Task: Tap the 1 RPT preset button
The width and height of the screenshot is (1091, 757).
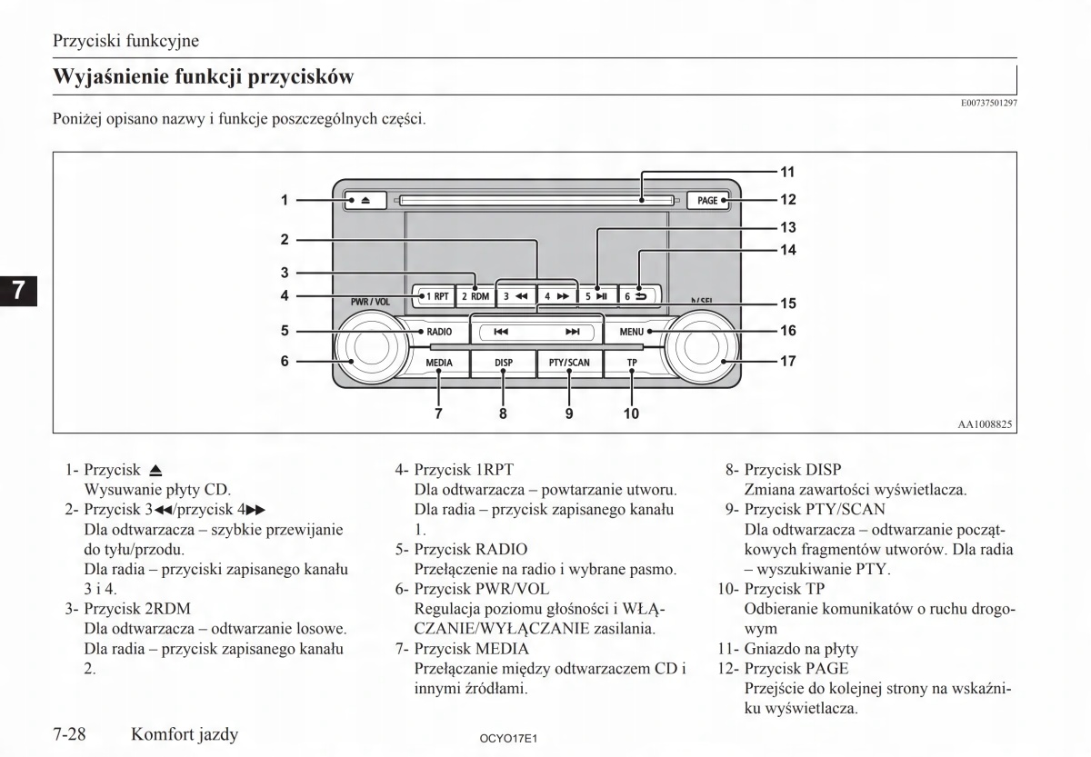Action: tap(433, 295)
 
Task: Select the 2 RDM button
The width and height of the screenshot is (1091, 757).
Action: tap(475, 295)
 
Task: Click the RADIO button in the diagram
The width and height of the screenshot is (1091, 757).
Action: tap(436, 333)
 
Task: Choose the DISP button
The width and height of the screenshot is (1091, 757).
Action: tap(503, 363)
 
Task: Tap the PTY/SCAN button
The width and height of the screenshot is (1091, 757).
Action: tap(569, 363)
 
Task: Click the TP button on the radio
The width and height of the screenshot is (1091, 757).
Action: tap(632, 363)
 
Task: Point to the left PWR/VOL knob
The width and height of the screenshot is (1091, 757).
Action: tap(365, 351)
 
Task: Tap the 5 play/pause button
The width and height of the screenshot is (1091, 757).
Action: tap(596, 295)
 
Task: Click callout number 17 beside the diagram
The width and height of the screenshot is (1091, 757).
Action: tap(787, 361)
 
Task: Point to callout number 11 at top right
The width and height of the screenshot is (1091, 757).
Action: tap(787, 171)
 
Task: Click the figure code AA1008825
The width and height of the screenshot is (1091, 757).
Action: tap(986, 423)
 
